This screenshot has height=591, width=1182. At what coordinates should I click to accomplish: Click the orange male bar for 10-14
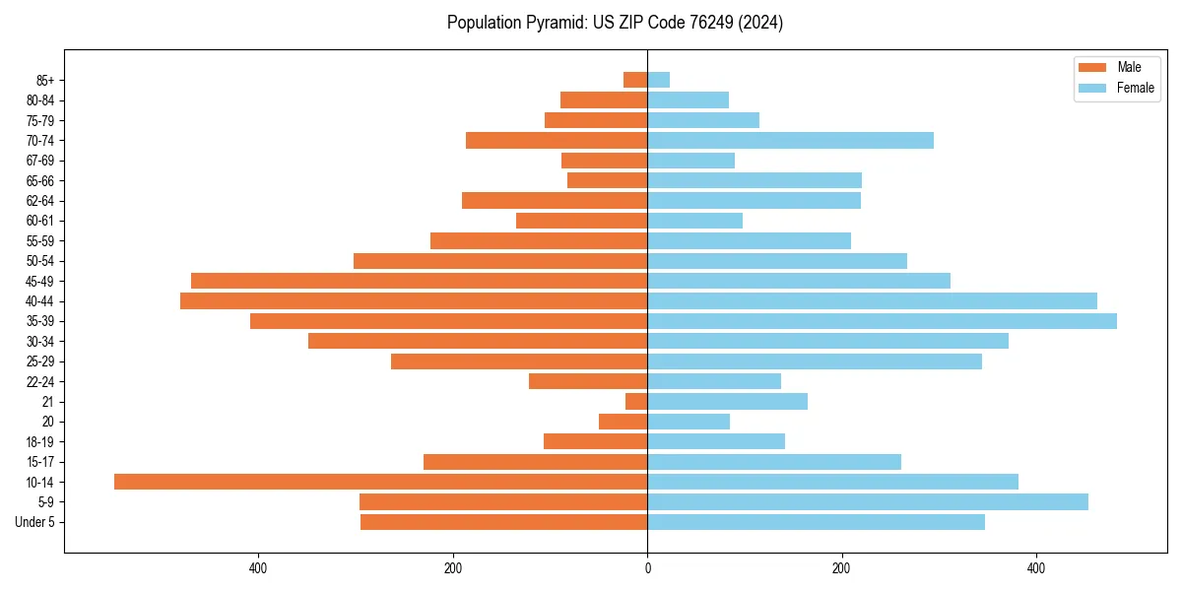pos(380,482)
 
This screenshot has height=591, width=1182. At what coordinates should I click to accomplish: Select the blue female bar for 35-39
pos(882,321)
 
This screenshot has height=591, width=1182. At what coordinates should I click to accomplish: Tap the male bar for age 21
pos(636,401)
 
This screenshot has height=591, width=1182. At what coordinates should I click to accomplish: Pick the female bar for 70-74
pos(790,140)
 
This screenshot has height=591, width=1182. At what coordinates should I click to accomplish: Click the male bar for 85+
pos(635,80)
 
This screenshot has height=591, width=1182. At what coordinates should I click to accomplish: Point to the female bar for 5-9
pos(868,501)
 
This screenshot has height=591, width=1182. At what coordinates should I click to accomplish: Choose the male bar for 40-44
pos(414,300)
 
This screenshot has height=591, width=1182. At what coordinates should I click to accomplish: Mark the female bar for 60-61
pos(694,221)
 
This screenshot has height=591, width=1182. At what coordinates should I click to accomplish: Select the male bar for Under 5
pos(503,522)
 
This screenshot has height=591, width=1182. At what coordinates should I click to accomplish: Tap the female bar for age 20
pos(689,422)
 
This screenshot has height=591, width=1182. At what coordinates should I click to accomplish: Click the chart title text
pos(615,23)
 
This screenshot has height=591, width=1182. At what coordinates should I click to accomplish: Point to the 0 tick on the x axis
pos(647,568)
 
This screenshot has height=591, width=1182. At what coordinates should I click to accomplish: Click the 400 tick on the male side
pos(258,568)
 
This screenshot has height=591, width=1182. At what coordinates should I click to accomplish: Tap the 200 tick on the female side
pos(841,568)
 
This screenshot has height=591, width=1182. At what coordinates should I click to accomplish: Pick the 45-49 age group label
pos(39,281)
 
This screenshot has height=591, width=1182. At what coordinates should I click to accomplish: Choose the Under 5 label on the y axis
pos(34,522)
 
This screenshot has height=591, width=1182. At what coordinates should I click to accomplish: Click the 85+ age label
pos(45,80)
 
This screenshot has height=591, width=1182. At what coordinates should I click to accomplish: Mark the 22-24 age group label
pos(39,381)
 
